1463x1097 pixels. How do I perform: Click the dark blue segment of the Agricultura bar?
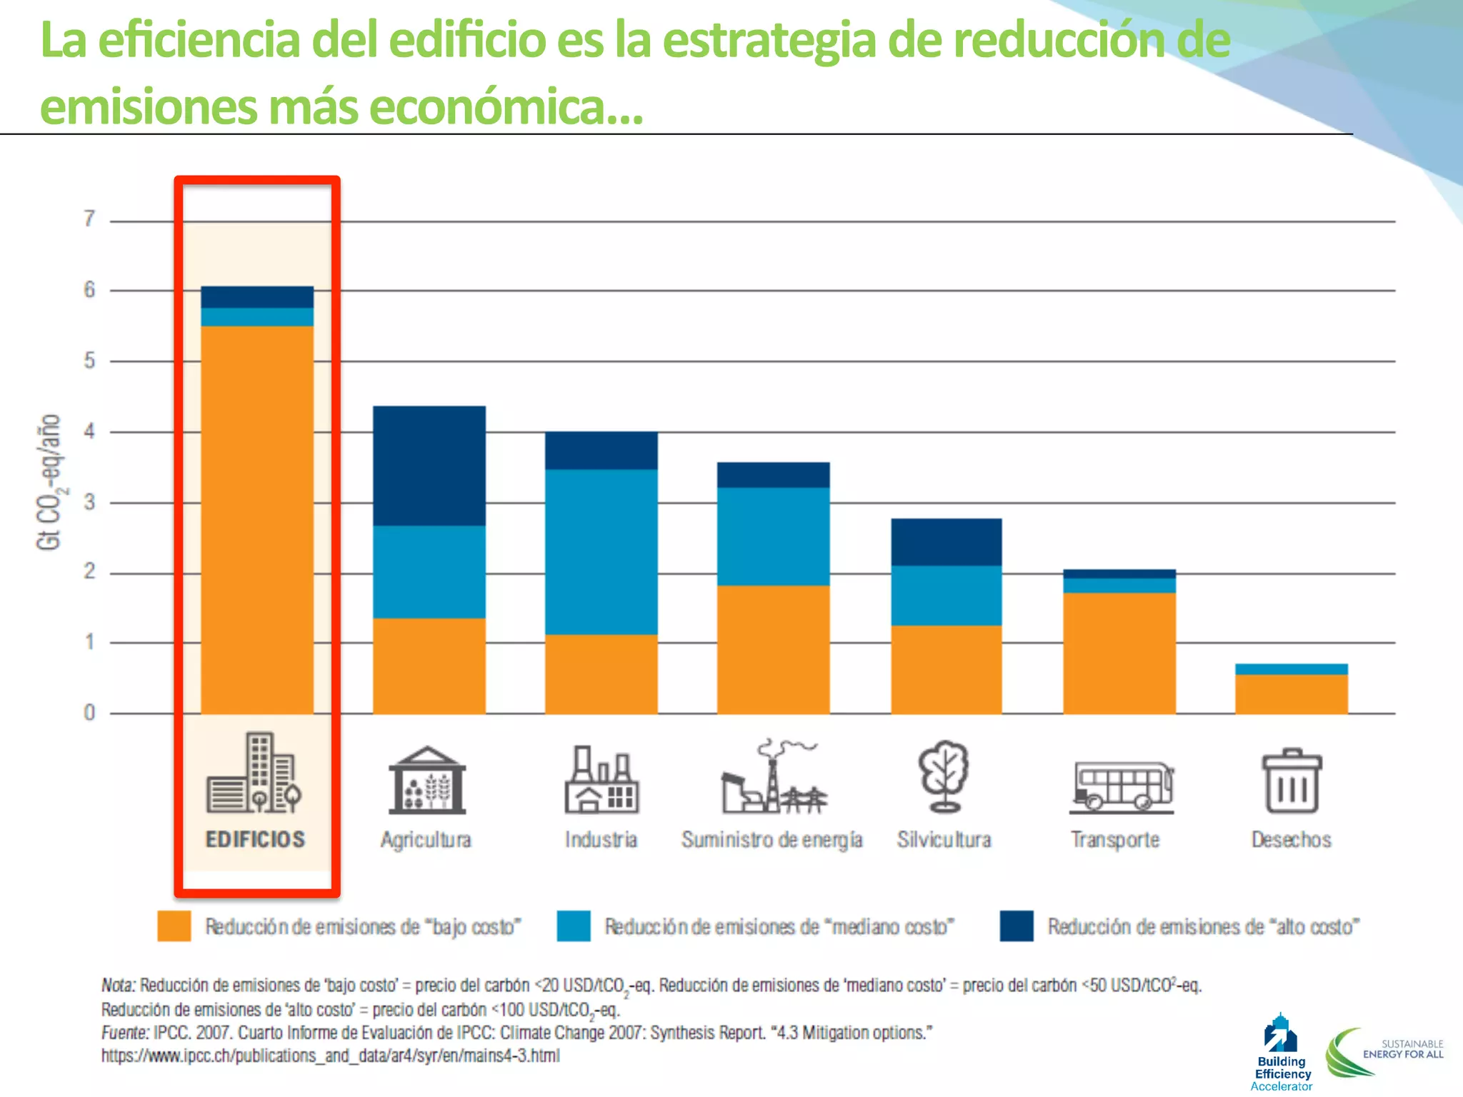(x=429, y=466)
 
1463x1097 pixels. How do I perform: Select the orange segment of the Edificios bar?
(x=257, y=519)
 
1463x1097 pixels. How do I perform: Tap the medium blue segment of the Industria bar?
(x=601, y=551)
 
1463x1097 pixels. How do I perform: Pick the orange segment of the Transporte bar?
(x=1119, y=653)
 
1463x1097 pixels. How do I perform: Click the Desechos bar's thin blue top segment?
(x=1292, y=669)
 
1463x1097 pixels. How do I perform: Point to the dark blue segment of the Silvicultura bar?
(x=947, y=542)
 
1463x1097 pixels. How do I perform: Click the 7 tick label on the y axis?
(x=89, y=219)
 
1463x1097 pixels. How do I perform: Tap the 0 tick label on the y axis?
(x=89, y=712)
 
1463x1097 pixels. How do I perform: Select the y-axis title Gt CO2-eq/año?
(x=49, y=482)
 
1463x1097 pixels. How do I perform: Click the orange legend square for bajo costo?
(x=174, y=926)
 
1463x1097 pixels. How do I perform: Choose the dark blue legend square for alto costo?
(x=1017, y=926)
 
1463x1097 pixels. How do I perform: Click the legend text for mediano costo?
(x=779, y=927)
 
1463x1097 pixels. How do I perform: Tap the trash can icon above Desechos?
(x=1292, y=781)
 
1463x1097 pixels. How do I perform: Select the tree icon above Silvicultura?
(x=944, y=777)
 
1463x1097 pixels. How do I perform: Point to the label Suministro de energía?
(x=772, y=840)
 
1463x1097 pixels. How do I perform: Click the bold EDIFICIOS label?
(x=255, y=839)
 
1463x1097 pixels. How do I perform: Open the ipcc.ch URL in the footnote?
(x=330, y=1056)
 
